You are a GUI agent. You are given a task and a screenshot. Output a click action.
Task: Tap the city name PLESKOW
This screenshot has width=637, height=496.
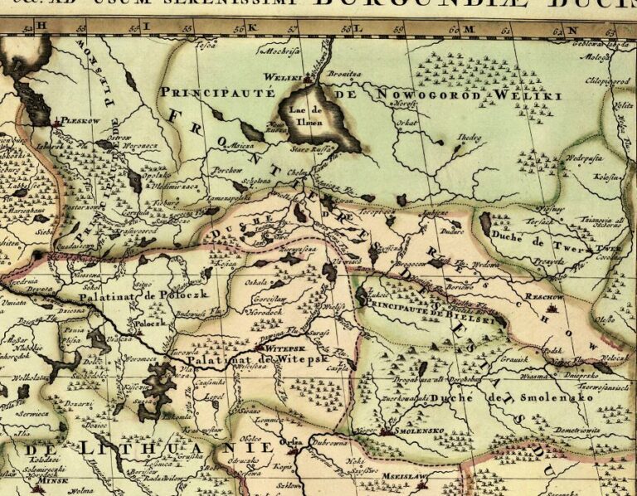tap(80, 119)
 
